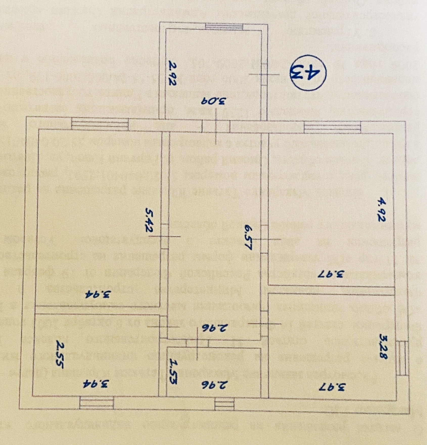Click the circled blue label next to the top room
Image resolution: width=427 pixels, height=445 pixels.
308,73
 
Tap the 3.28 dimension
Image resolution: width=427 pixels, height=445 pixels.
384,346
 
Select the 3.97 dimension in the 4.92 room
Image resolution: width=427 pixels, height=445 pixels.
331,274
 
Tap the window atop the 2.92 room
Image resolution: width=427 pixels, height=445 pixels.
224,27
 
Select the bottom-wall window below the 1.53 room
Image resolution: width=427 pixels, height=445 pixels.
224,404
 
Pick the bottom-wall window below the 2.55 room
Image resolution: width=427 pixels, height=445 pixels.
96,403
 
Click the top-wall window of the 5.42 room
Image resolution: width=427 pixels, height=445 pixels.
100,124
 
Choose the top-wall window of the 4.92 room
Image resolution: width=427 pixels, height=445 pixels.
332,127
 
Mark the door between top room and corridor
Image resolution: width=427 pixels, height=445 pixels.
216,126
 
